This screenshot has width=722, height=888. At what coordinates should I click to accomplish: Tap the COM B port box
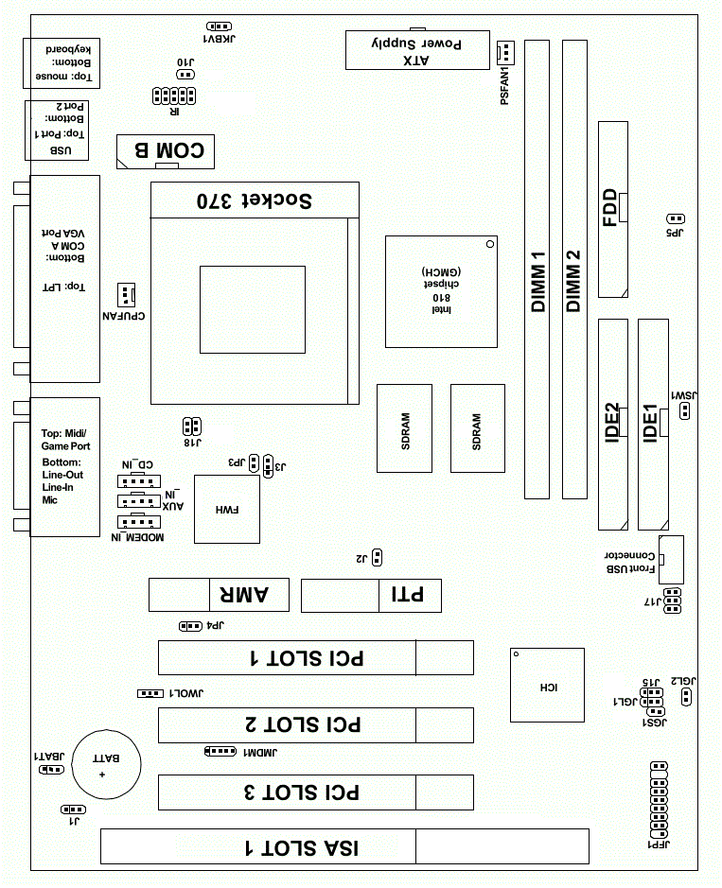click(166, 150)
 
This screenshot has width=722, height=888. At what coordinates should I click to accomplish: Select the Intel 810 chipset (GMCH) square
click(442, 291)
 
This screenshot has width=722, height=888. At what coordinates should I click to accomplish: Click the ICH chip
click(546, 686)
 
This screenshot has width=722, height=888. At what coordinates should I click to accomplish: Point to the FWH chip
click(227, 510)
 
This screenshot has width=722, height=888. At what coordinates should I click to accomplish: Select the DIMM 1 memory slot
click(537, 270)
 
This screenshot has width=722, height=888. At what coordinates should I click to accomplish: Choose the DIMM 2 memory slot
click(573, 270)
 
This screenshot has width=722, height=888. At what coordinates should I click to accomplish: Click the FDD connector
click(611, 208)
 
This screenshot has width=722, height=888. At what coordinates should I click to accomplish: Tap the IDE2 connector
click(612, 425)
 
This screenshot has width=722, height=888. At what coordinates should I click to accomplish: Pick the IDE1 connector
click(652, 425)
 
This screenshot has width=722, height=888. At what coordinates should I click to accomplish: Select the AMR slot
click(210, 595)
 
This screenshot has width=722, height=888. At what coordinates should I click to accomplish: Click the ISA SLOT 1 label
click(303, 847)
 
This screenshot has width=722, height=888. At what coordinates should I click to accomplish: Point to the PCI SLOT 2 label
click(303, 725)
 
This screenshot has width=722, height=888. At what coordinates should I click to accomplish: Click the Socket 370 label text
click(254, 200)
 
